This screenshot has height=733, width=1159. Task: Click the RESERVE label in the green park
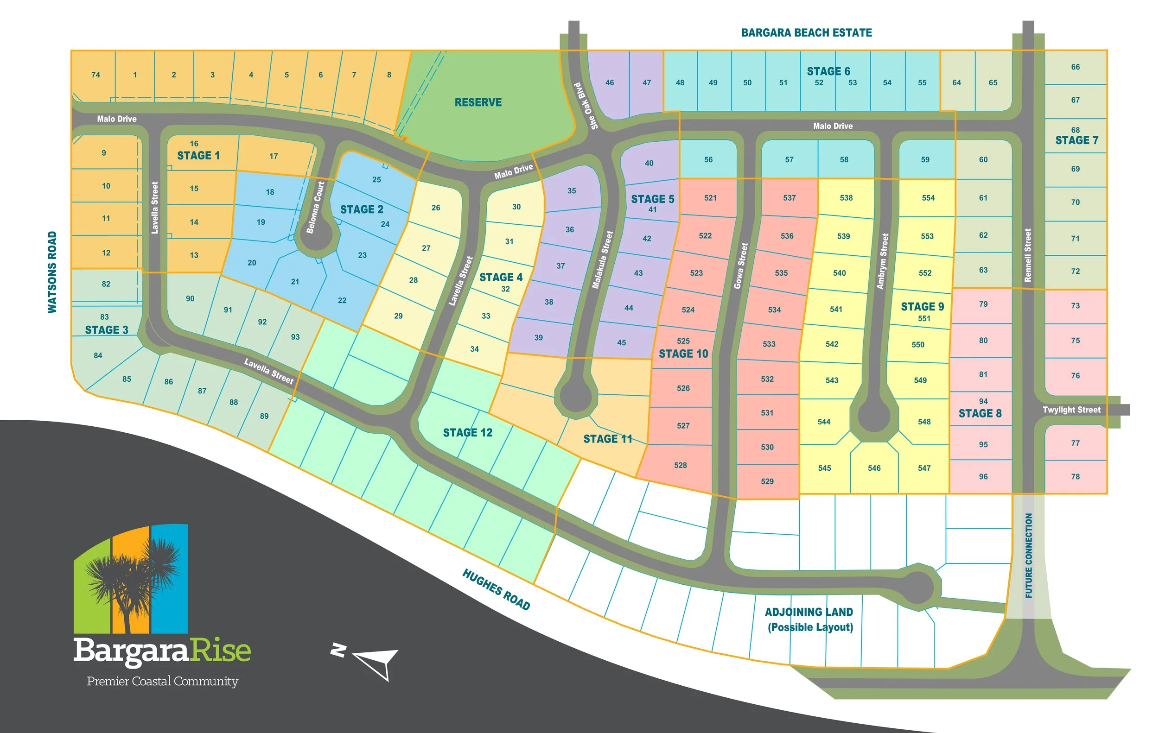(478, 102)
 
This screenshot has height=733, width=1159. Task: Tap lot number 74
(96, 75)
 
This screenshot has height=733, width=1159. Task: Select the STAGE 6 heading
(828, 72)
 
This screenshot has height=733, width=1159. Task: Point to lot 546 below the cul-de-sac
(874, 468)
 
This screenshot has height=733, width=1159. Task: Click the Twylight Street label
(1071, 410)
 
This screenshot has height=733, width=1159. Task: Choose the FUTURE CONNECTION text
(1029, 556)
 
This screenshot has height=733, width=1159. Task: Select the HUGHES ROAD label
(496, 589)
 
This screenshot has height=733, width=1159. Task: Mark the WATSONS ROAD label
(52, 272)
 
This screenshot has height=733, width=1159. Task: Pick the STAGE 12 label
(467, 433)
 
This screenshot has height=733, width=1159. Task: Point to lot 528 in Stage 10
(680, 465)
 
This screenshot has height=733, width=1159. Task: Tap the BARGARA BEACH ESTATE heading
(806, 33)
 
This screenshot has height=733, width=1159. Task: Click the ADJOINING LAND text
(809, 612)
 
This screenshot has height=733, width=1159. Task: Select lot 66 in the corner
(1075, 67)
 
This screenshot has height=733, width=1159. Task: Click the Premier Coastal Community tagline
(162, 681)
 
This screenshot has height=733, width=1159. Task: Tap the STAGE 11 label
(607, 439)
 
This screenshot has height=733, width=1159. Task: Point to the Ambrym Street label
(883, 261)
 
